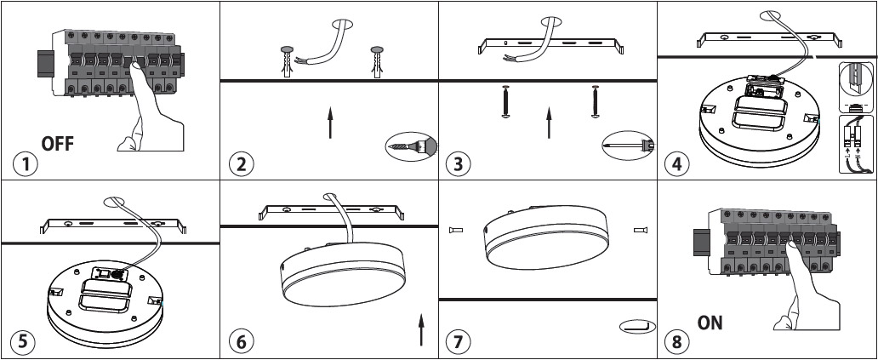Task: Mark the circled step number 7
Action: (459, 341)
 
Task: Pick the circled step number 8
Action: (677, 341)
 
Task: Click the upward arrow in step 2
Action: (330, 123)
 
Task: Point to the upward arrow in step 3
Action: (549, 123)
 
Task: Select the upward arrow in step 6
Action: (421, 329)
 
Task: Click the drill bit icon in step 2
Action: (408, 146)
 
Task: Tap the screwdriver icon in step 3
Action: (626, 146)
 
